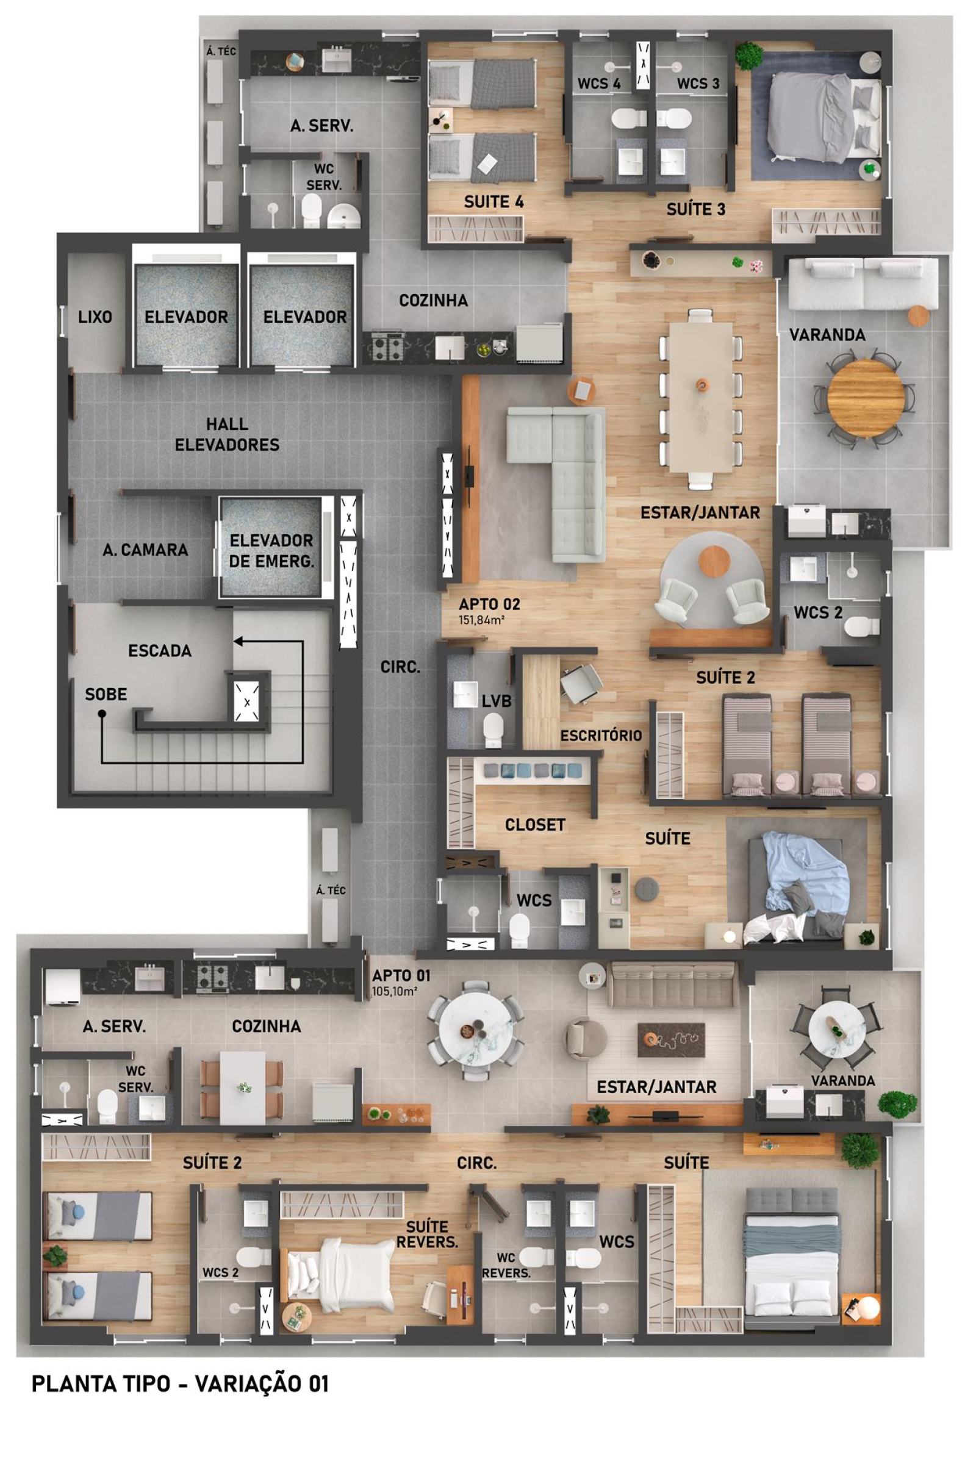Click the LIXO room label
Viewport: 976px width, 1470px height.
95,317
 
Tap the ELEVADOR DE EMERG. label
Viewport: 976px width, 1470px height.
271,551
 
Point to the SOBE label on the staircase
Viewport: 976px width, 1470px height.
106,694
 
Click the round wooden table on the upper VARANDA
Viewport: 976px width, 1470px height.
866,399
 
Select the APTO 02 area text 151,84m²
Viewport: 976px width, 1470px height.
481,620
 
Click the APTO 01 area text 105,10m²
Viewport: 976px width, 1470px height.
395,991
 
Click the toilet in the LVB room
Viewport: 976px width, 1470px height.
493,730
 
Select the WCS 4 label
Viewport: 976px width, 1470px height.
599,84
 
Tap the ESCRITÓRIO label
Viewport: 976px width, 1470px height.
601,736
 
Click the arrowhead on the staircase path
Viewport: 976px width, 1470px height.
239,641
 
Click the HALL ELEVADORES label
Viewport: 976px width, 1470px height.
227,434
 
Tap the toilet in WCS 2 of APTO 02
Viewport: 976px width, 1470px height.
862,626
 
